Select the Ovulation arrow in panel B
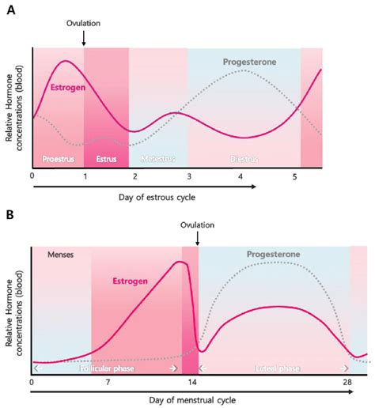pos(198,236)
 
